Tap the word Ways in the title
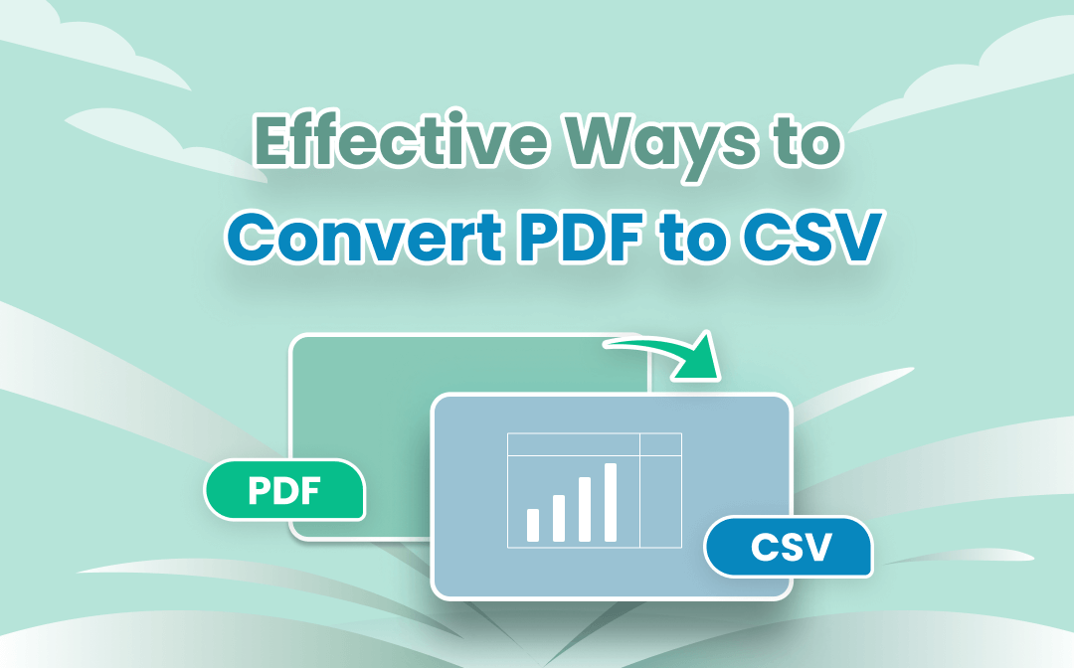(661, 148)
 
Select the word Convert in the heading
(364, 238)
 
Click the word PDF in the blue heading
(581, 237)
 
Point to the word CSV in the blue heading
(809, 237)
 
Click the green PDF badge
(285, 490)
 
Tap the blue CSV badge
(789, 547)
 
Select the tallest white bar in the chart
(611, 502)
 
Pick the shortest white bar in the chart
(533, 525)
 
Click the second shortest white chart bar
(559, 518)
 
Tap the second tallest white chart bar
(585, 509)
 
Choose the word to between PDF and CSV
(692, 240)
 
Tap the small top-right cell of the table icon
(660, 444)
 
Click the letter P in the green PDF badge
(259, 491)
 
